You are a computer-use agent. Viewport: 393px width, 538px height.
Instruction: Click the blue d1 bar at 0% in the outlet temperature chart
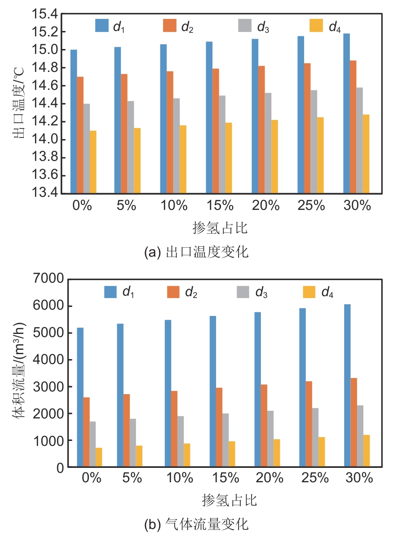pos(74,121)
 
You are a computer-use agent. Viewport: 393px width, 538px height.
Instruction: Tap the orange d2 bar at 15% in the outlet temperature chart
pos(216,131)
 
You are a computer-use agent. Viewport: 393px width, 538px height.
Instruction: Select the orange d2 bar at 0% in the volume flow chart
pos(86,432)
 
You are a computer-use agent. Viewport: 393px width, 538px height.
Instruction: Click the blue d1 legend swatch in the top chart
pos(102,26)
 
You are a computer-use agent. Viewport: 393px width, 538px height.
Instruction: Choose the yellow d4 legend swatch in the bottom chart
pos(309,292)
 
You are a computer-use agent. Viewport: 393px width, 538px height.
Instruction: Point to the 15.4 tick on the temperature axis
pos(44,14)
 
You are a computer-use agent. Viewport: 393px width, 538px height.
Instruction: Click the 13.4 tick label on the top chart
pos(44,194)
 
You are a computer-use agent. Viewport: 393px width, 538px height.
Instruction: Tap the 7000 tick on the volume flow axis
pos(49,280)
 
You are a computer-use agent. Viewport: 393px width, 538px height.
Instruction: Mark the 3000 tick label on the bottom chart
pos(49,387)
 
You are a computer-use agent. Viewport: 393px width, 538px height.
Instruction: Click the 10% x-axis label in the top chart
pos(173,206)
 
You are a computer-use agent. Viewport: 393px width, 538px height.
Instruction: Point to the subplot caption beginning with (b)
pos(196,524)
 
